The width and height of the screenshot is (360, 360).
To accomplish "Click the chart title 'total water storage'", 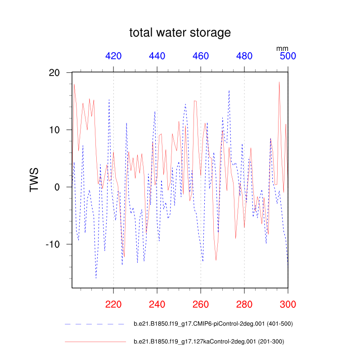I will click(x=180, y=33).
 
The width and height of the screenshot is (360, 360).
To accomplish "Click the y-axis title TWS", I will click(x=34, y=180).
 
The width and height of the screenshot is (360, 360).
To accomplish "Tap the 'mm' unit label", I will click(x=282, y=48).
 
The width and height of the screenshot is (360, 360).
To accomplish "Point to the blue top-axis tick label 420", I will click(x=113, y=56).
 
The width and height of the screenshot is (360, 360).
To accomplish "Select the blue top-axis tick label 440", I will click(x=157, y=56).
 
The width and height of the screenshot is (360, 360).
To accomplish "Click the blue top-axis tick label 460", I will click(x=201, y=56).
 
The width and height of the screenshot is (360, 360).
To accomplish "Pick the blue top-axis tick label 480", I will click(x=244, y=56).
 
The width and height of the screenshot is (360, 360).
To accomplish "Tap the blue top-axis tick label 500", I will click(x=288, y=56).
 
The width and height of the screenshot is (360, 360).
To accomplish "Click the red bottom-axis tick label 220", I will click(x=113, y=304).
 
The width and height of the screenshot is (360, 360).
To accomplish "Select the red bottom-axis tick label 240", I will click(x=157, y=304).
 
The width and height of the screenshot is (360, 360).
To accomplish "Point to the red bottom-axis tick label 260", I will click(x=201, y=304).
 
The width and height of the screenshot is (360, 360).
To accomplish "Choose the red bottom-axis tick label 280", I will click(x=244, y=304).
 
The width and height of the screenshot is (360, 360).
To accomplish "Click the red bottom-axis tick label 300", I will click(x=288, y=304).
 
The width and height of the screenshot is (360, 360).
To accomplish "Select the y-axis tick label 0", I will click(x=62, y=187).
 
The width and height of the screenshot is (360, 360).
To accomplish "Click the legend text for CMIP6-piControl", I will click(x=214, y=324).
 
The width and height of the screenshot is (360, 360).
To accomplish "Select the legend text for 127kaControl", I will click(x=209, y=342).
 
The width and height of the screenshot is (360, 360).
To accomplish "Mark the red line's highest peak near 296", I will click(x=279, y=82).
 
